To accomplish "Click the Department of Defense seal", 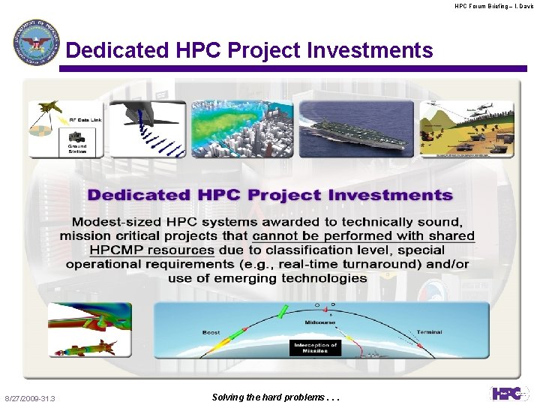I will click(x=35, y=43).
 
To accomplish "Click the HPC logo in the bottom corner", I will click(x=509, y=393).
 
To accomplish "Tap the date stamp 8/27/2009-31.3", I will click(x=35, y=398).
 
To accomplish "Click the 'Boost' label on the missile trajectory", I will click(x=211, y=332).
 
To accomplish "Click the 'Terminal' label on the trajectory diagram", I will click(x=430, y=332).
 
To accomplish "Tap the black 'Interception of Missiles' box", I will click(x=315, y=348).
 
